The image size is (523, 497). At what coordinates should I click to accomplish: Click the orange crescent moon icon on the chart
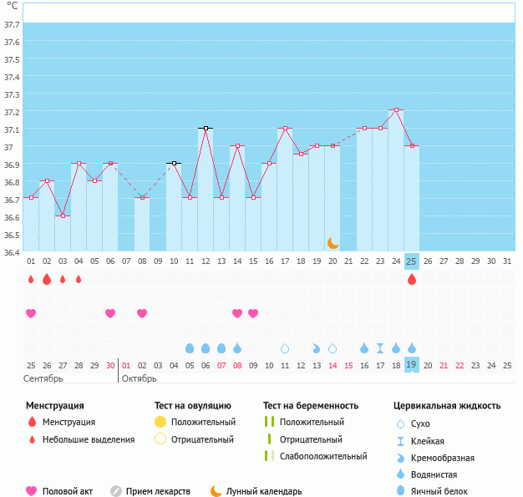click(x=333, y=242)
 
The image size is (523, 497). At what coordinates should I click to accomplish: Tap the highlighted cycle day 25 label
click(x=411, y=261)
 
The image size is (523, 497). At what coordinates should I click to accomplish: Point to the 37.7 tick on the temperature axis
click(x=12, y=25)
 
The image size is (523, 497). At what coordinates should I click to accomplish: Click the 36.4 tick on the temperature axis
click(x=12, y=251)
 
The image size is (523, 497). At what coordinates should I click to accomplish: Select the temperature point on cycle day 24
click(x=396, y=109)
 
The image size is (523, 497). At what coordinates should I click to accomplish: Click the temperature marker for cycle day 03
click(x=63, y=216)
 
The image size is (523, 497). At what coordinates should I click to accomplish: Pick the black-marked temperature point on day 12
click(x=206, y=128)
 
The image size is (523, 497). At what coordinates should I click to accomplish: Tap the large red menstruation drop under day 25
click(x=411, y=279)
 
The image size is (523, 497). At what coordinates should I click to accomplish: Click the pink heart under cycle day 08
click(x=142, y=313)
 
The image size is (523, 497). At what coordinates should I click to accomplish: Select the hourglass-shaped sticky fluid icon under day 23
click(x=380, y=347)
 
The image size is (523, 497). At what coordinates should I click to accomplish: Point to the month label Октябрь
click(x=140, y=378)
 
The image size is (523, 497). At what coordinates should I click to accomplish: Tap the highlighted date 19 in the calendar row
click(x=411, y=365)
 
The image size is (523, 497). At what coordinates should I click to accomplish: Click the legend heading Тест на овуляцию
click(x=194, y=405)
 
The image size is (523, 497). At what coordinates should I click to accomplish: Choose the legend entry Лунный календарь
click(x=264, y=491)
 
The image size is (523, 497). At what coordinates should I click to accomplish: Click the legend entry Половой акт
click(x=68, y=491)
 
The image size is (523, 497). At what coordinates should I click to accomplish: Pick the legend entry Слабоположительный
click(x=323, y=456)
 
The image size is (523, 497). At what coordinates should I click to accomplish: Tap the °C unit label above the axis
click(x=12, y=6)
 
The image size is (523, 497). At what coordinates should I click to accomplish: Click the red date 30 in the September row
click(x=110, y=365)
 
